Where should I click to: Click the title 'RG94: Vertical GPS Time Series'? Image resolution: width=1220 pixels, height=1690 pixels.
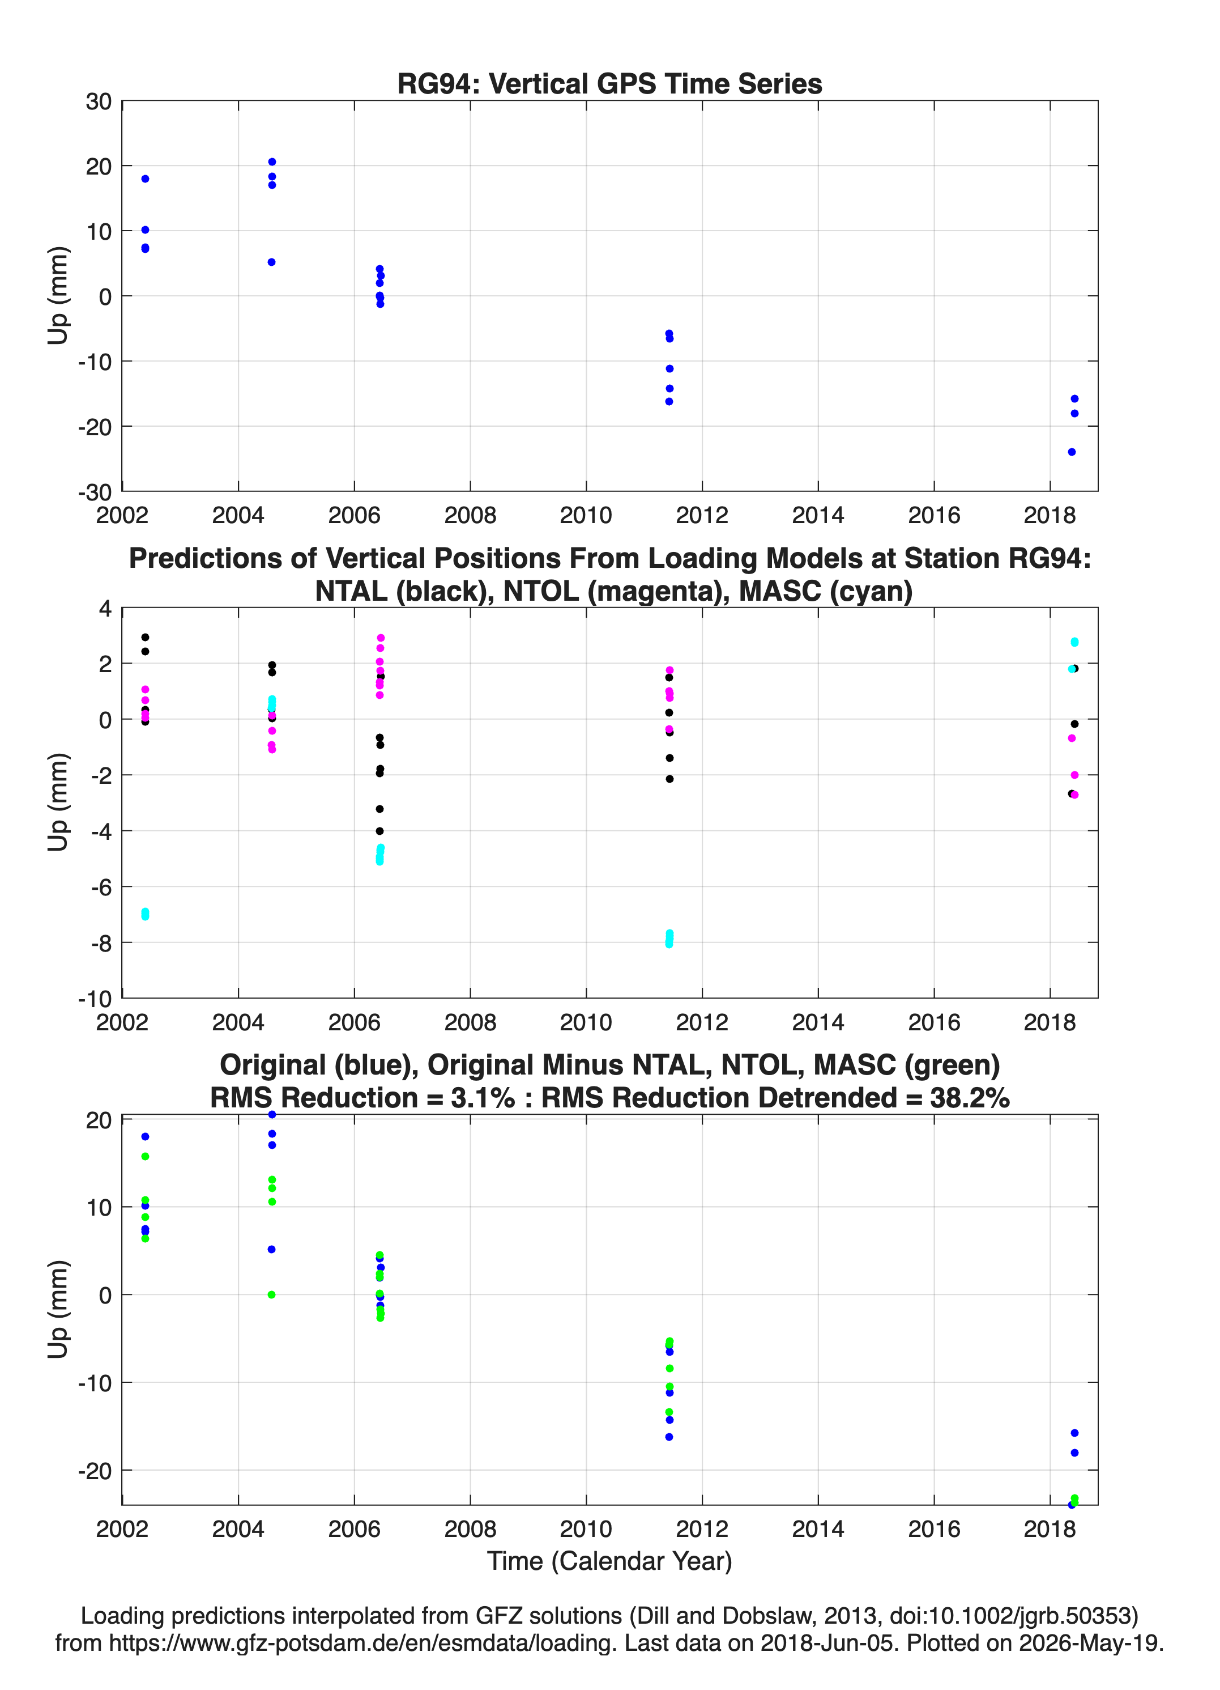pyautogui.click(x=609, y=83)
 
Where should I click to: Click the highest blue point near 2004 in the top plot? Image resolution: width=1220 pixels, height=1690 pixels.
pyautogui.click(x=272, y=162)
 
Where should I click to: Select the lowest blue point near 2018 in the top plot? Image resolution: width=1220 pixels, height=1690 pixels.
pyautogui.click(x=1071, y=452)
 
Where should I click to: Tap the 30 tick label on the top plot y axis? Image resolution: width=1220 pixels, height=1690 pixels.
pyautogui.click(x=99, y=101)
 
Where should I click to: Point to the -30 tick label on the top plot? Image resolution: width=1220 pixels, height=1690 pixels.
pyautogui.click(x=95, y=492)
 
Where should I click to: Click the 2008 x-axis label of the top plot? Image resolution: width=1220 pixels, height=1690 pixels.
pyautogui.click(x=470, y=515)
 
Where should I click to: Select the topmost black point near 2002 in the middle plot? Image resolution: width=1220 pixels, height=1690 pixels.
pyautogui.click(x=145, y=637)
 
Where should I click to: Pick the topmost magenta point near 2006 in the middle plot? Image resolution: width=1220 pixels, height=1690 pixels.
pyautogui.click(x=381, y=638)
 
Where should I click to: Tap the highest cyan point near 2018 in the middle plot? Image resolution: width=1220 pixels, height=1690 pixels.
pyautogui.click(x=1074, y=642)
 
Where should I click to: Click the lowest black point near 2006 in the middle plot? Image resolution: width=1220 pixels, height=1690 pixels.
pyautogui.click(x=380, y=831)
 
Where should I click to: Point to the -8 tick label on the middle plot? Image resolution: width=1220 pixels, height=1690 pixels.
pyautogui.click(x=101, y=942)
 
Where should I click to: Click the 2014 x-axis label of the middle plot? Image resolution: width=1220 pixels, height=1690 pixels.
pyautogui.click(x=818, y=1022)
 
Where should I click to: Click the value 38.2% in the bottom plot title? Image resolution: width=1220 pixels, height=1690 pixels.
pyautogui.click(x=970, y=1098)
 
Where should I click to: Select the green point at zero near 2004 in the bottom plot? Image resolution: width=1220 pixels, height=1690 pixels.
pyautogui.click(x=272, y=1294)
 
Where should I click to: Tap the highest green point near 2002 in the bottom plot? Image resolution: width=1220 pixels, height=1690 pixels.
pyautogui.click(x=145, y=1157)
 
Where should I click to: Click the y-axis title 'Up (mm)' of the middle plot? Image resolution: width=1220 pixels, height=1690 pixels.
pyautogui.click(x=58, y=802)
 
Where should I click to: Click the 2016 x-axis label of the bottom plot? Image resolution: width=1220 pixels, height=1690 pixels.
pyautogui.click(x=934, y=1529)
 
